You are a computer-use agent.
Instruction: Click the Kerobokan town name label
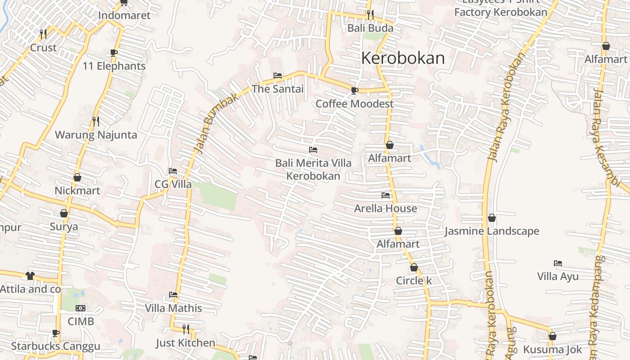pyautogui.click(x=403, y=58)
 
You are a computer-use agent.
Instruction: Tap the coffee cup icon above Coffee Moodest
pyautogui.click(x=355, y=90)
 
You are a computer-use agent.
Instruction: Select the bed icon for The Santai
pyautogui.click(x=278, y=76)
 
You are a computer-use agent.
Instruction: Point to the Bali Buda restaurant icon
pyautogui.click(x=370, y=15)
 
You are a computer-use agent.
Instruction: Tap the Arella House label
pyautogui.click(x=385, y=208)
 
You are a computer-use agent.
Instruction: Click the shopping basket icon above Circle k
pyautogui.click(x=414, y=267)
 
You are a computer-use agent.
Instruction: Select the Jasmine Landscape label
pyautogui.click(x=491, y=231)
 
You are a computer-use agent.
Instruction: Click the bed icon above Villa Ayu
pyautogui.click(x=558, y=263)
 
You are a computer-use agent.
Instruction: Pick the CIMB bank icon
pyautogui.click(x=81, y=308)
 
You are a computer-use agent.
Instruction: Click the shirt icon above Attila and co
pyautogui.click(x=30, y=275)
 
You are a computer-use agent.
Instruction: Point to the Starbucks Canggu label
pyautogui.click(x=55, y=346)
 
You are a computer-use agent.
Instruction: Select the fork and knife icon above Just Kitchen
pyautogui.click(x=185, y=329)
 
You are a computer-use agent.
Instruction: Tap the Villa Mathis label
pyautogui.click(x=173, y=308)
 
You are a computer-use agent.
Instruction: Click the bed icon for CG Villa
pyautogui.click(x=173, y=171)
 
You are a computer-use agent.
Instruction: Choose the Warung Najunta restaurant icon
pyautogui.click(x=95, y=121)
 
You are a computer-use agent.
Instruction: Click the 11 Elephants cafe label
pyautogui.click(x=114, y=66)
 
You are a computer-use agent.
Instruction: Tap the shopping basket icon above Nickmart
pyautogui.click(x=77, y=177)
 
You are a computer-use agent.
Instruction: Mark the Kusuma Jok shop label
pyautogui.click(x=552, y=350)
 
